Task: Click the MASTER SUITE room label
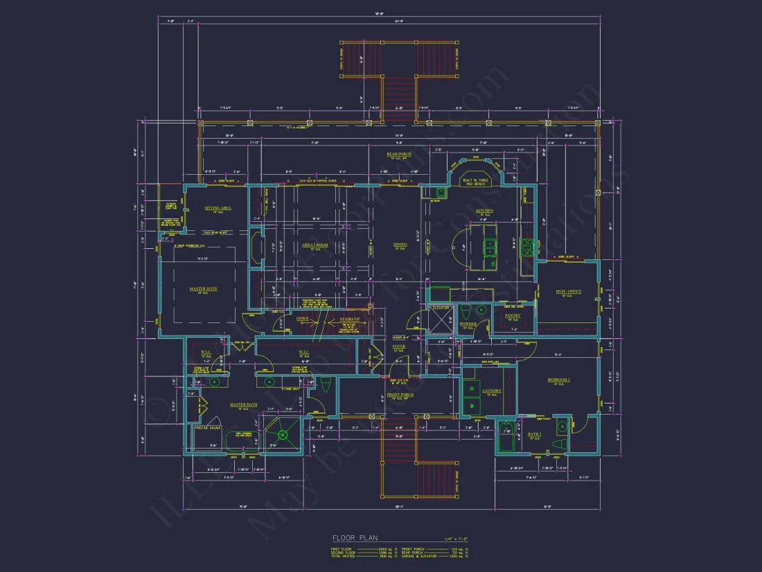pyautogui.click(x=203, y=288)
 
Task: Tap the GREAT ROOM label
pyautogui.click(x=314, y=245)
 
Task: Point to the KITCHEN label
pyautogui.click(x=484, y=210)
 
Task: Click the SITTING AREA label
pyautogui.click(x=218, y=207)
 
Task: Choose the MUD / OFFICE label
pyautogui.click(x=568, y=292)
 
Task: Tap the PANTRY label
pyautogui.click(x=513, y=315)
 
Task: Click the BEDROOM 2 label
pyautogui.click(x=558, y=380)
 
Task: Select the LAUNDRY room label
pyautogui.click(x=492, y=391)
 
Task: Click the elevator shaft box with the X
pyautogui.click(x=441, y=321)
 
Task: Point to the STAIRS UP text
pyautogui.click(x=348, y=320)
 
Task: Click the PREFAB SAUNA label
pyautogui.click(x=207, y=428)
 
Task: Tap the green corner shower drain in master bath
pyautogui.click(x=283, y=435)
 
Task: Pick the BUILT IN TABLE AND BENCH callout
pyautogui.click(x=477, y=182)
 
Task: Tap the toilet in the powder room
pyautogui.click(x=466, y=311)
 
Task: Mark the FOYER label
pyautogui.click(x=398, y=346)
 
